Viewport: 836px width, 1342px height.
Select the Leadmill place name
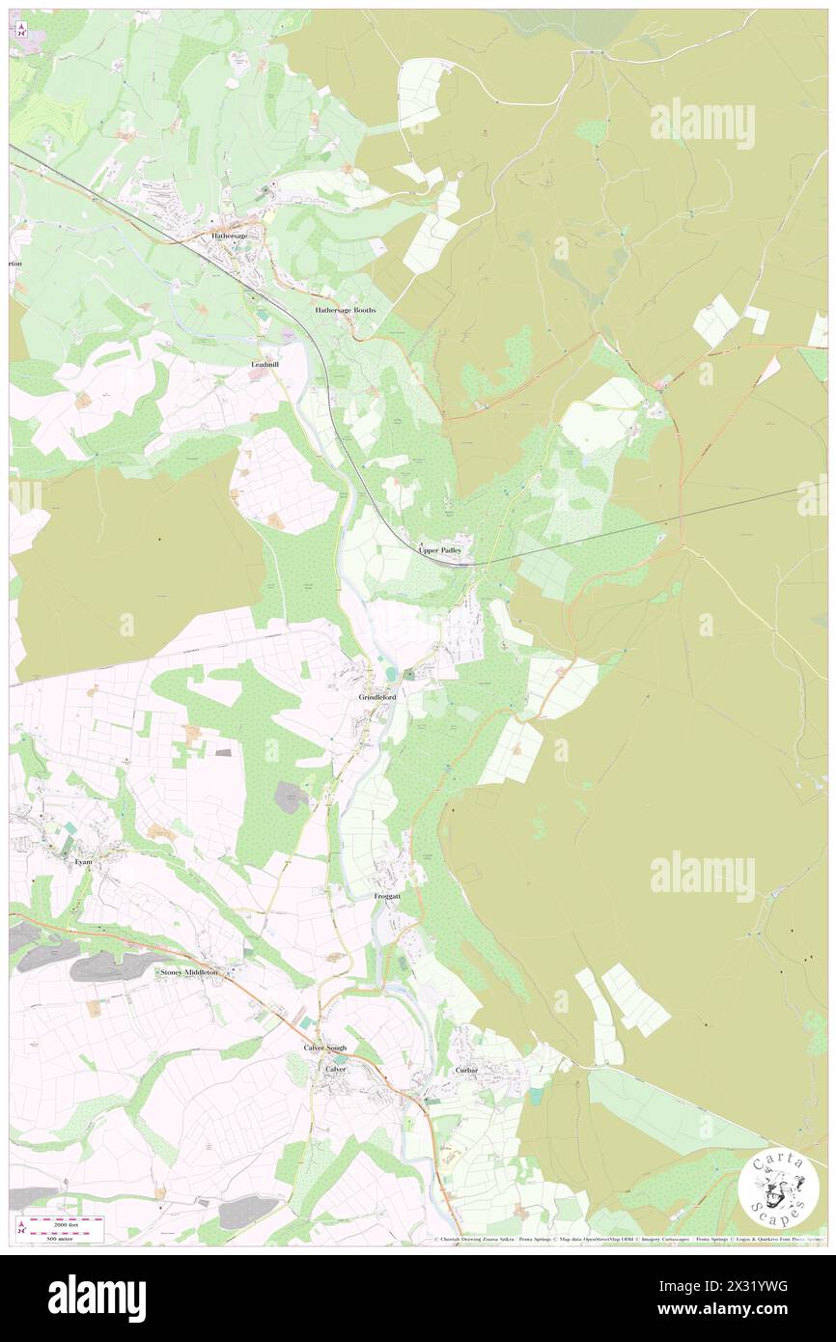265,366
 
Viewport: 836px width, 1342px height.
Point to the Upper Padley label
446,550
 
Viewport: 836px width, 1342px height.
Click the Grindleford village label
377,696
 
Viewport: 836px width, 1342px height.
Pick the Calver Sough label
323,1048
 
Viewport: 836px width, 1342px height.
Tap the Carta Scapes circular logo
778,1188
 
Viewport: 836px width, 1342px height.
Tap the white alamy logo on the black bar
97,1297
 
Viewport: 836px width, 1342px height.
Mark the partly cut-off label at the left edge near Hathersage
14,263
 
